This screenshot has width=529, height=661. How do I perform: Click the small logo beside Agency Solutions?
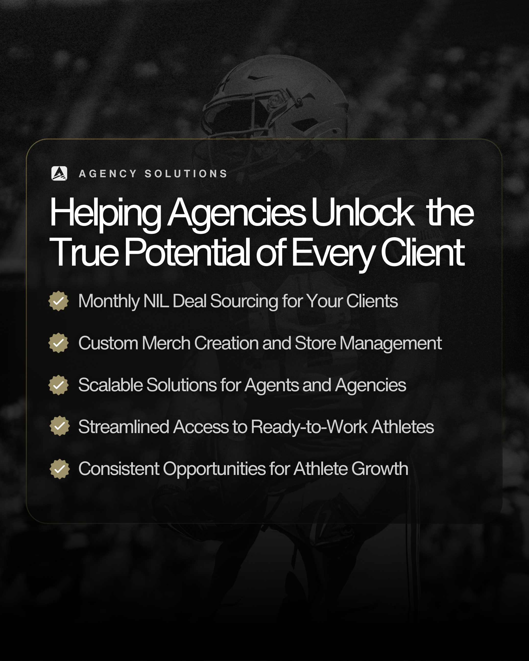(x=59, y=174)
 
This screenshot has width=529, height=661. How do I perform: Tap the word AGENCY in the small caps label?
(x=108, y=174)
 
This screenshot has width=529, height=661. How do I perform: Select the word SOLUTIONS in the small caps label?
(x=186, y=174)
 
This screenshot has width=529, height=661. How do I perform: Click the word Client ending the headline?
(x=422, y=252)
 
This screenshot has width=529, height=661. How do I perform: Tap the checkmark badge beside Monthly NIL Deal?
(x=59, y=301)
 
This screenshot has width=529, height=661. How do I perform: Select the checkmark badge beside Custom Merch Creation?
(x=59, y=343)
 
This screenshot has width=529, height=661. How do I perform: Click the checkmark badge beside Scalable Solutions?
(x=59, y=385)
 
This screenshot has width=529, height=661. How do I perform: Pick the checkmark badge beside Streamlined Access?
(x=60, y=426)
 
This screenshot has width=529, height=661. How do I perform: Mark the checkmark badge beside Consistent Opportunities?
(x=60, y=469)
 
